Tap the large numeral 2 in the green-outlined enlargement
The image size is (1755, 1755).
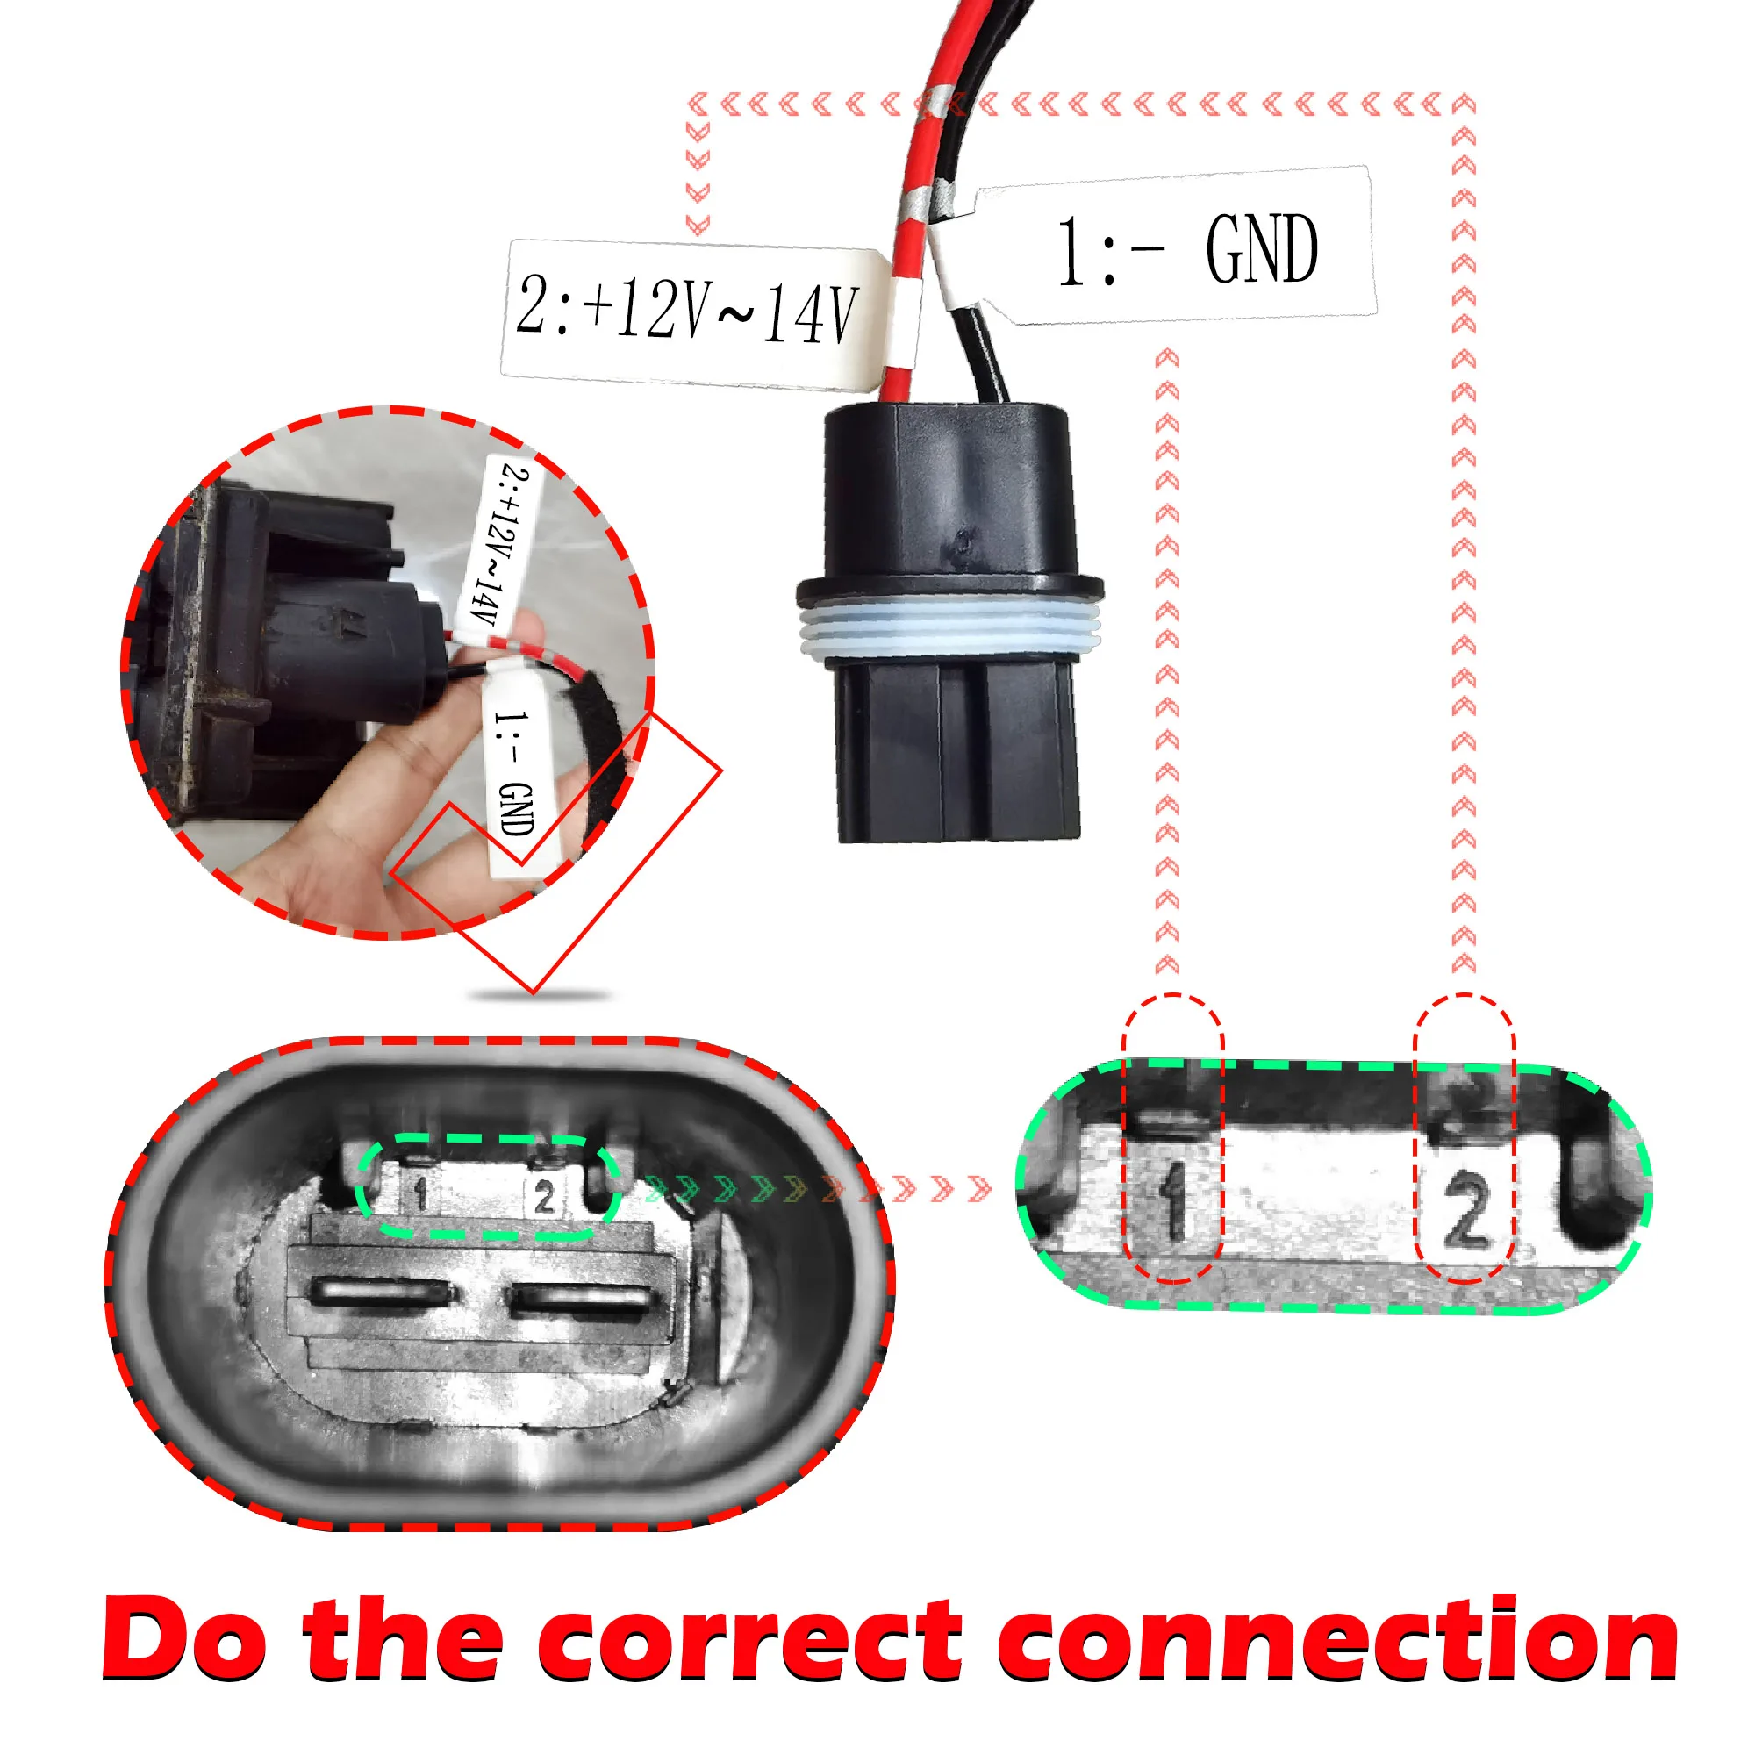tap(1465, 1209)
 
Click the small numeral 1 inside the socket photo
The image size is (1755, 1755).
tap(419, 1192)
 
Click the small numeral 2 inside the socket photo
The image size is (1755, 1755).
tap(544, 1196)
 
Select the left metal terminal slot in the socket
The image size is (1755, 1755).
tap(382, 1293)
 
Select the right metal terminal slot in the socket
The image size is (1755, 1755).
tap(579, 1299)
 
